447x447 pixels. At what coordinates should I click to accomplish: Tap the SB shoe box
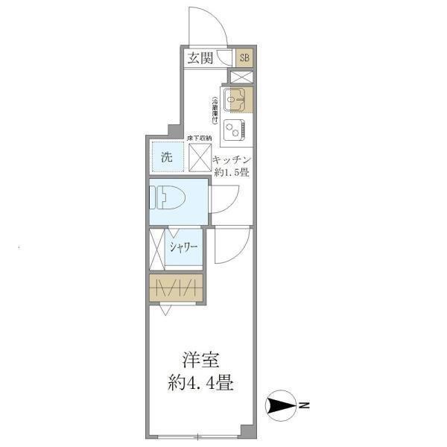(x=244, y=58)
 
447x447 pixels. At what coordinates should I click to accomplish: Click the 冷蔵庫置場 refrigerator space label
(x=215, y=110)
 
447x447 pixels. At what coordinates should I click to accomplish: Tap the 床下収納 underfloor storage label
(x=199, y=139)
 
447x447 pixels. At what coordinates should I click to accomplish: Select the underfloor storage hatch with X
(x=200, y=157)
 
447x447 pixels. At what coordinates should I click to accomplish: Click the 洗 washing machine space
(x=167, y=157)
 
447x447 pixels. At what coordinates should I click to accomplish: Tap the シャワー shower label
(x=183, y=248)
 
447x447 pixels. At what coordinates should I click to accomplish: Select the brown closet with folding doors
(x=175, y=288)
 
